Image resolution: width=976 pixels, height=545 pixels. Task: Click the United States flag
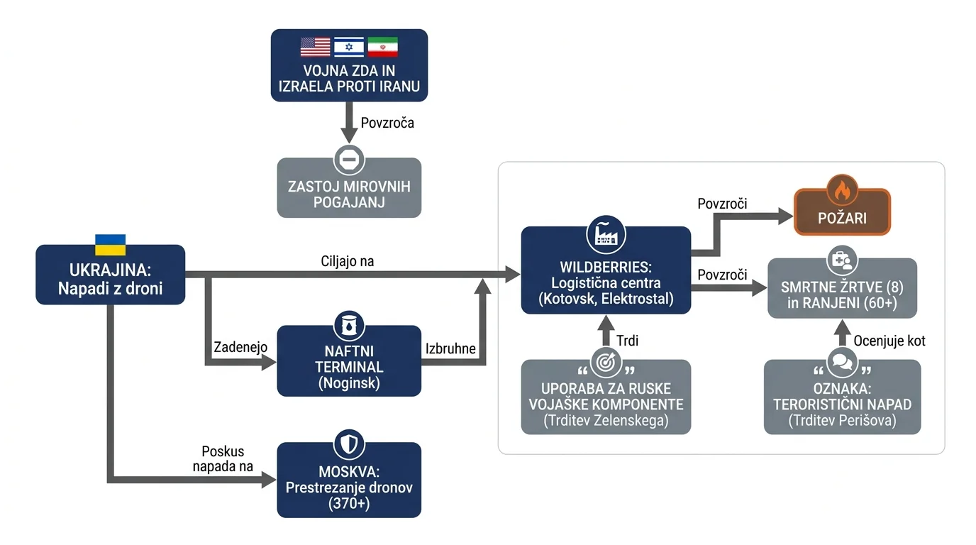coord(315,47)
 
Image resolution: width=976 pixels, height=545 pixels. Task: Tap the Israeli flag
coord(348,47)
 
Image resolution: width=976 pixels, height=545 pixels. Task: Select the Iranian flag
coord(382,47)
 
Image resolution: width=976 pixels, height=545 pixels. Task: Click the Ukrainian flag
coord(110,245)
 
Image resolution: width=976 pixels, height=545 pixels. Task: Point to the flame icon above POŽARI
coord(842,190)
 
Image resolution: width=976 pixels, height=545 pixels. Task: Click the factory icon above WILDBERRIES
coord(606,235)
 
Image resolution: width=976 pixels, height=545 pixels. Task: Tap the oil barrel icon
coord(349,326)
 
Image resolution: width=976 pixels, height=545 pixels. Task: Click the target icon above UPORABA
coord(606,362)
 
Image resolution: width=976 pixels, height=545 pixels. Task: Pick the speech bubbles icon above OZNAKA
coord(842,362)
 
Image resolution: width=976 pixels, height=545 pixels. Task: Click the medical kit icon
coord(842,260)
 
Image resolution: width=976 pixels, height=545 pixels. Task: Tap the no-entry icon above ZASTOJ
coord(349,159)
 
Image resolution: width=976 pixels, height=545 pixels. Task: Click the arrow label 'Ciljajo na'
coord(348,261)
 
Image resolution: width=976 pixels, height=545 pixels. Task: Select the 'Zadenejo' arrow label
coord(240,347)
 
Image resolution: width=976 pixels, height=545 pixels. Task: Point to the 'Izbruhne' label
coord(450,349)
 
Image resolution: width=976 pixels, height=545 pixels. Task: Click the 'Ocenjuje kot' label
coord(889,341)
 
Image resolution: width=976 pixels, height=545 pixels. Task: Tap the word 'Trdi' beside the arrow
coord(628,341)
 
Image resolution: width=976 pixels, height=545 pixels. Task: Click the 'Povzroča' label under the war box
coord(387,123)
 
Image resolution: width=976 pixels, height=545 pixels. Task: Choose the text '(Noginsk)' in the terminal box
coord(349,383)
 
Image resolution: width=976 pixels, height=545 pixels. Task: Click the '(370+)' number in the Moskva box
coord(349,504)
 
